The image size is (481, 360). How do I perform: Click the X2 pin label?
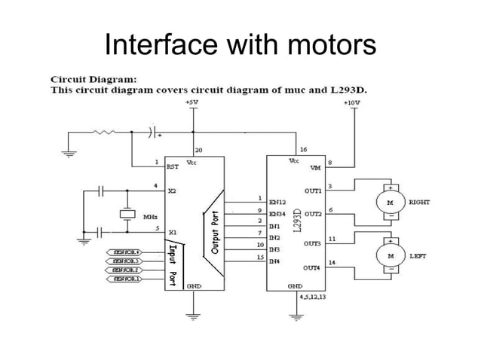172,191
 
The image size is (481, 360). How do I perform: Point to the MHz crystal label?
150,216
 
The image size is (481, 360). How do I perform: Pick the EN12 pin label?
277,203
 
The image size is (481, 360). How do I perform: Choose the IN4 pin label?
274,261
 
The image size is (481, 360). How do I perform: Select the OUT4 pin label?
312,267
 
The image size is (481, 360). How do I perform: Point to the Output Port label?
216,230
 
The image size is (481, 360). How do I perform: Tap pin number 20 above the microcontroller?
198,151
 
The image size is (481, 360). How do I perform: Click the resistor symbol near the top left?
104,133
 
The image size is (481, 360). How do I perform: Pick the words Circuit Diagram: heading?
83,78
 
